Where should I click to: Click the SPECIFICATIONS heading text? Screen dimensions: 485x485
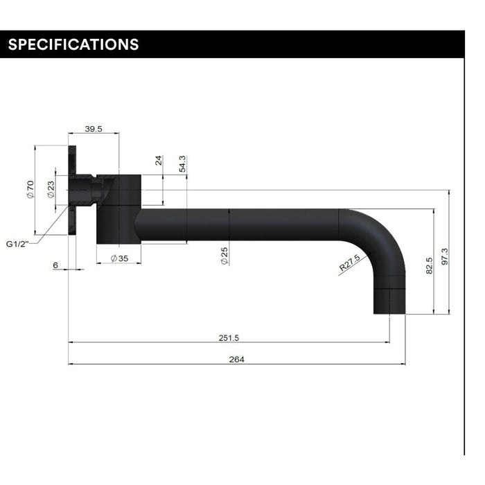pyautogui.click(x=73, y=44)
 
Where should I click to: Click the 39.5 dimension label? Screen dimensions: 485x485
pyautogui.click(x=94, y=129)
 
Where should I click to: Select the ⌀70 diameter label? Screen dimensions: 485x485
pyautogui.click(x=30, y=189)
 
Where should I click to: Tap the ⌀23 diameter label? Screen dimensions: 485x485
pyautogui.click(x=51, y=189)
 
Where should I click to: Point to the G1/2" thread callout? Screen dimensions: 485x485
pyautogui.click(x=17, y=244)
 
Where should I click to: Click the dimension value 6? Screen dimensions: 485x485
pyautogui.click(x=55, y=265)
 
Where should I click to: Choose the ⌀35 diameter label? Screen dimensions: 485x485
pyautogui.click(x=119, y=258)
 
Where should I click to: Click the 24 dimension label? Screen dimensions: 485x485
pyautogui.click(x=159, y=161)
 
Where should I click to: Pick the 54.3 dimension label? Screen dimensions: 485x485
pyautogui.click(x=182, y=164)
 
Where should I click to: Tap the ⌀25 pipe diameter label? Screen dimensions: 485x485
pyautogui.click(x=224, y=256)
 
